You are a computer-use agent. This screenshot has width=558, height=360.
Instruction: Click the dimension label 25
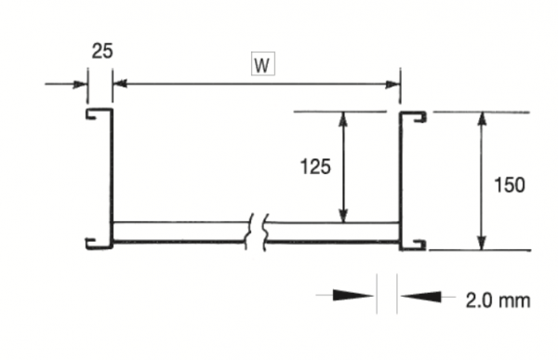click(101, 51)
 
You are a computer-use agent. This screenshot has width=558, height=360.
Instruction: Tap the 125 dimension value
click(317, 167)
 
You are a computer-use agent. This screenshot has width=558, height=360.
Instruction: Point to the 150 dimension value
click(509, 184)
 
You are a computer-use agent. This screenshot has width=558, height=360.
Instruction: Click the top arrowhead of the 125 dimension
click(344, 120)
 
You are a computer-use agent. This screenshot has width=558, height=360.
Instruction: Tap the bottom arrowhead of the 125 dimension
click(344, 215)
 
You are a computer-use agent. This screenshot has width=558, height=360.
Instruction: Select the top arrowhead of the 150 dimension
click(481, 120)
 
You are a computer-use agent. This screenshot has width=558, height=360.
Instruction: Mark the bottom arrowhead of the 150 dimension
click(481, 242)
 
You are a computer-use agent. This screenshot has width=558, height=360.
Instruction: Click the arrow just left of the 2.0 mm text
click(415, 298)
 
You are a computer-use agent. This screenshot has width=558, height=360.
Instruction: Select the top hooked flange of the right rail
click(414, 115)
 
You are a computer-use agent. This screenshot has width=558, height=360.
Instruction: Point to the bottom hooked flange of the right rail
click(414, 246)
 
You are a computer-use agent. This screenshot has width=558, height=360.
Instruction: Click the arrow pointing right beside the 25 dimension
click(76, 85)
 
